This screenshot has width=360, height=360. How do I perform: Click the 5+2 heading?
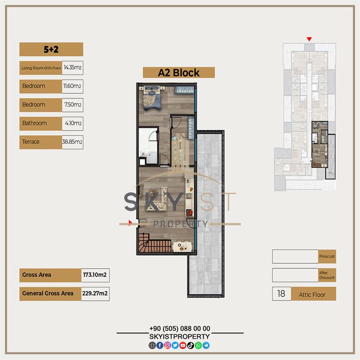tap(51, 50)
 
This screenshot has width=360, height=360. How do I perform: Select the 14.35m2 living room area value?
tap(72, 68)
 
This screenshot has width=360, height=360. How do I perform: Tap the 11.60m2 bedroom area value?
tap(72, 86)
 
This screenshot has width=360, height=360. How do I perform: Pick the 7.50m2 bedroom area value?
tap(73, 105)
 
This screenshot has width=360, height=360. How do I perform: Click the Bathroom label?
tap(34, 123)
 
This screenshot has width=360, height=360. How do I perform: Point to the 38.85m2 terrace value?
tap(72, 142)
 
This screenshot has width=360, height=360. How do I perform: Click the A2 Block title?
tap(179, 73)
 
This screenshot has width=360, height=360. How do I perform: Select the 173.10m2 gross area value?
tap(95, 275)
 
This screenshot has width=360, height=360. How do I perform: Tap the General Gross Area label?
tap(48, 293)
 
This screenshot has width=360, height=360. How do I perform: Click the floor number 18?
tap(281, 294)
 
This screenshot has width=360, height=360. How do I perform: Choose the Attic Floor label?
tap(312, 295)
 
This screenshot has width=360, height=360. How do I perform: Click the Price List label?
tap(327, 257)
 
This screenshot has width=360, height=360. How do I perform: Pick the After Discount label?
tap(327, 275)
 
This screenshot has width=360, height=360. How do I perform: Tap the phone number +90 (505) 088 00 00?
tap(180, 329)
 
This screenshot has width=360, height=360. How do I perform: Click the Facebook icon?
tap(160, 345)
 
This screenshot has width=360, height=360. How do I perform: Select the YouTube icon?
tap(183, 345)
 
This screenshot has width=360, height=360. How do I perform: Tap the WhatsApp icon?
tap(198, 345)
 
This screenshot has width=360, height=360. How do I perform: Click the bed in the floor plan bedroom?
tap(152, 98)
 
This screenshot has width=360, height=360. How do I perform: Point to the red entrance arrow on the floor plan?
tap(130, 223)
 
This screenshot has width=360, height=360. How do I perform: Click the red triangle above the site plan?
tap(309, 39)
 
